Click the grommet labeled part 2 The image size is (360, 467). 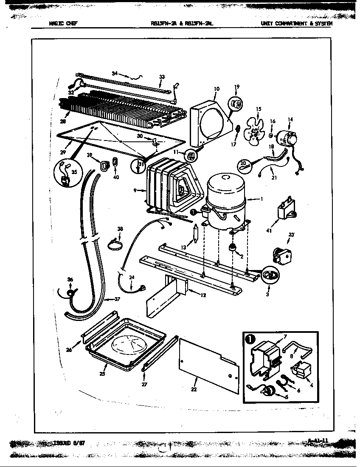point(232,248)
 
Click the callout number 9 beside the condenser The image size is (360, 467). point(135,191)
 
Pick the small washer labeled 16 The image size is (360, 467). point(270,136)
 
